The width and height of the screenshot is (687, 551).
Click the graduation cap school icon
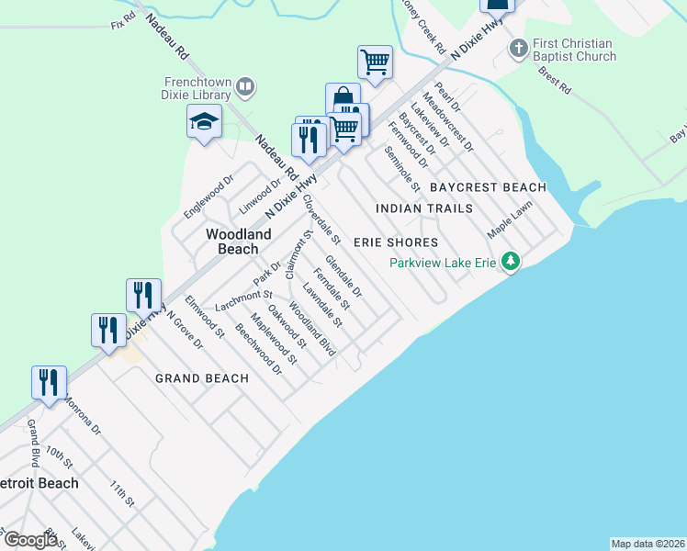point(204,121)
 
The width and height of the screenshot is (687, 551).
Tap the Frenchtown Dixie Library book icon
point(245,87)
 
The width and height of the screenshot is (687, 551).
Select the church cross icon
point(519,47)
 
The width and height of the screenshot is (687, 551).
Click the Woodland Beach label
point(238,242)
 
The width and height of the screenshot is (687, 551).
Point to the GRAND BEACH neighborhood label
point(201,378)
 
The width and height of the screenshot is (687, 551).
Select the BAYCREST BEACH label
point(488,187)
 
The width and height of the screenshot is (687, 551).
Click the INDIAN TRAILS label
point(425,209)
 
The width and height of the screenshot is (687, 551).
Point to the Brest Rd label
point(555,80)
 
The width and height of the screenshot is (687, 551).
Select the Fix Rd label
point(122,23)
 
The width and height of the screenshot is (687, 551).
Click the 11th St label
point(121,493)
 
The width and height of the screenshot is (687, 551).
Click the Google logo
point(30,540)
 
